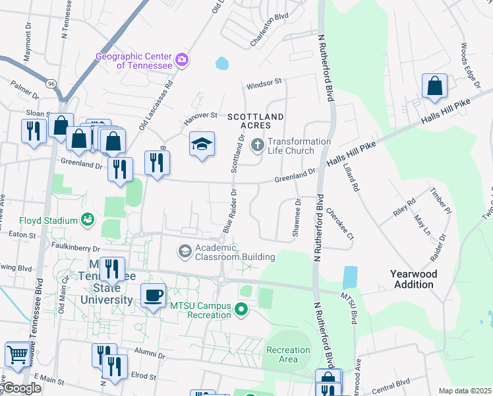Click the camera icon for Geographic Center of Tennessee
[x=182, y=61]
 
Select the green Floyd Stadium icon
[x=87, y=218]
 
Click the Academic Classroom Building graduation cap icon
[x=185, y=251]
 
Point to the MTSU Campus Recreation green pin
[x=242, y=309]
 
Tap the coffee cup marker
[x=154, y=296]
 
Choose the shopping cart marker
[x=16, y=354]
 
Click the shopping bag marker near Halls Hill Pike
[x=434, y=86]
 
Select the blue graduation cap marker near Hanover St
[x=202, y=145]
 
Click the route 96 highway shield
[x=51, y=84]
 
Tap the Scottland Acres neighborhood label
[x=255, y=121]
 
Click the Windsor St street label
[x=264, y=83]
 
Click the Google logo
[x=22, y=388]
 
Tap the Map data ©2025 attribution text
[x=464, y=391]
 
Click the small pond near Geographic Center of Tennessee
[x=222, y=63]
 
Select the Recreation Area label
[x=288, y=354]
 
